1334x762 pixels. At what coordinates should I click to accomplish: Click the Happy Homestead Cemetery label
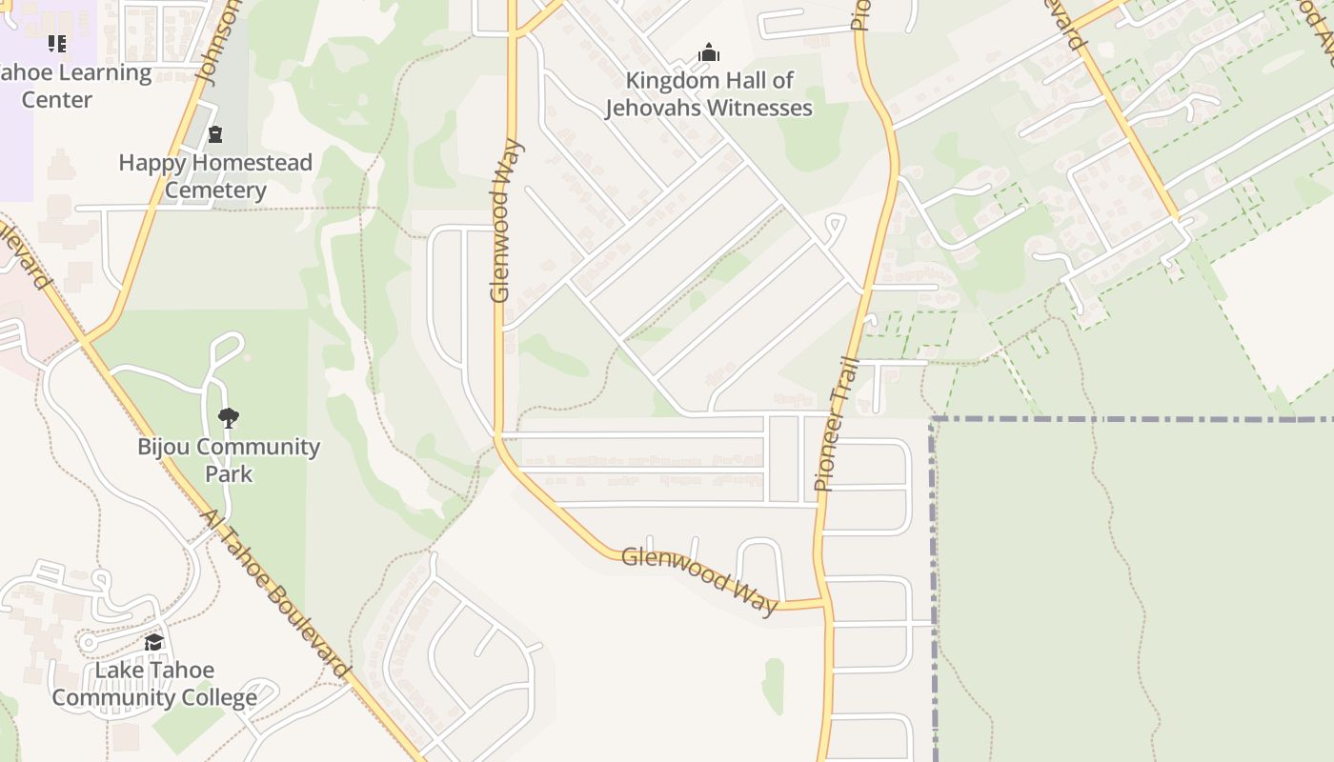click(x=215, y=176)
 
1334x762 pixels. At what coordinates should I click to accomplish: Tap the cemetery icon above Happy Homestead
click(x=215, y=134)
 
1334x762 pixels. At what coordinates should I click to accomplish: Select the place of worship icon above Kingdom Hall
click(x=709, y=52)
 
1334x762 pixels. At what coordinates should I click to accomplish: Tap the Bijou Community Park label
click(x=229, y=460)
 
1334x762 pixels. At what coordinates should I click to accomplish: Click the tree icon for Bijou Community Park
click(x=228, y=417)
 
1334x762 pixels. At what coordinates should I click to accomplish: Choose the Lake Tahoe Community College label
click(x=154, y=684)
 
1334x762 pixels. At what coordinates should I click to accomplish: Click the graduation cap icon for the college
click(x=154, y=643)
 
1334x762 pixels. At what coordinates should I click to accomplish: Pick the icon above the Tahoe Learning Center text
click(x=57, y=44)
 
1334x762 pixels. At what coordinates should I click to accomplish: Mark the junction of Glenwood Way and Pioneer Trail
click(x=822, y=603)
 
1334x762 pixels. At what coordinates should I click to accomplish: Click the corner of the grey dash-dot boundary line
click(x=934, y=419)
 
